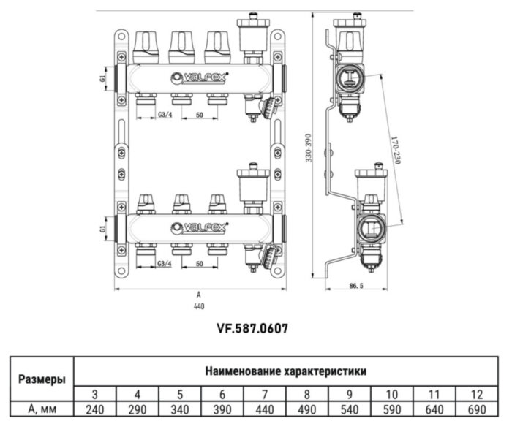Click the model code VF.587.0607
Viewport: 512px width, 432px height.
[x=252, y=329]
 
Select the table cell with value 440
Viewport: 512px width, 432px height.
[x=266, y=409]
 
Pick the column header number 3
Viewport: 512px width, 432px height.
[x=96, y=393]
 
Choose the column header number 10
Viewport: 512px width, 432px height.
[x=391, y=393]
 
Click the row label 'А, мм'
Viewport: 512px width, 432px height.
[x=41, y=409]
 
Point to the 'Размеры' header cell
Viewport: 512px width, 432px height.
[x=41, y=379]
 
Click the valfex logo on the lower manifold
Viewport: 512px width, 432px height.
[x=199, y=227]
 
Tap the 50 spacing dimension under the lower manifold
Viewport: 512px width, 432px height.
[x=200, y=263]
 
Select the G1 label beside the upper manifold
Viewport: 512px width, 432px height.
[x=104, y=75]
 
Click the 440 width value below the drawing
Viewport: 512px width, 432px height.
[x=198, y=307]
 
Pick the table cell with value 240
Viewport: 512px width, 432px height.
[x=96, y=409]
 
